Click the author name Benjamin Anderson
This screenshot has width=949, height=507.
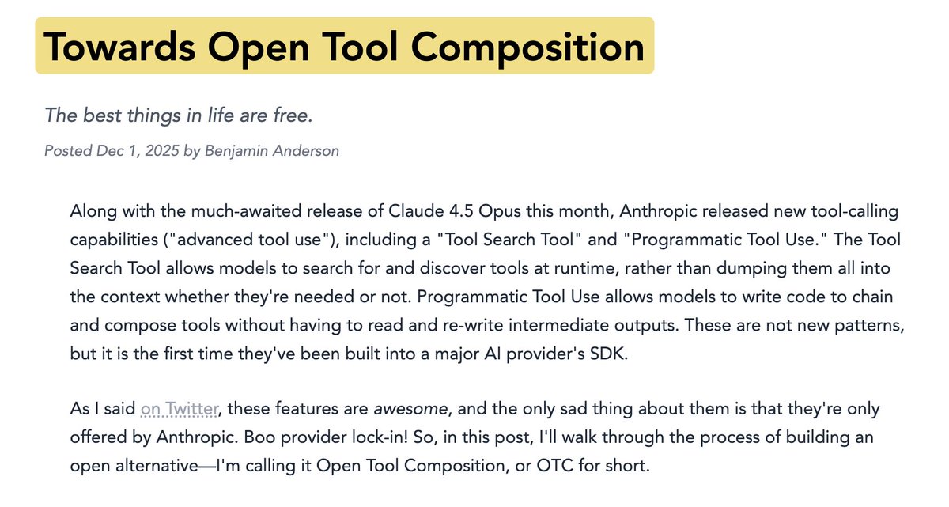271,150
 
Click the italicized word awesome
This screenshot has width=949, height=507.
408,409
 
